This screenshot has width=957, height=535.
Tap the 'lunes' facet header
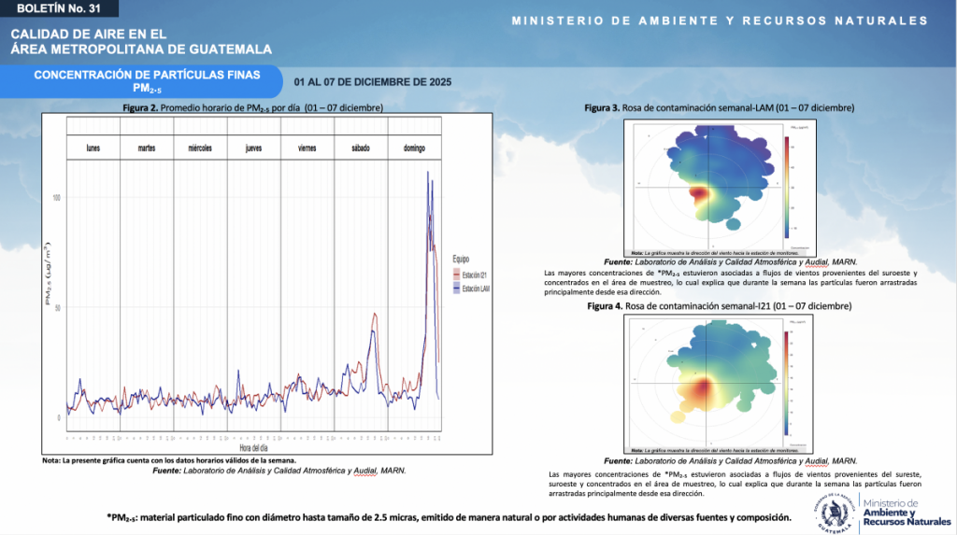[x=93, y=148]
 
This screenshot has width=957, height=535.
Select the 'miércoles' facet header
[x=200, y=148]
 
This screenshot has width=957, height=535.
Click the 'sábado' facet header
[x=361, y=148]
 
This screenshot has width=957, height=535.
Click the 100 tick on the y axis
[x=57, y=198]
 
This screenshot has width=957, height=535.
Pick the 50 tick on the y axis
[x=58, y=308]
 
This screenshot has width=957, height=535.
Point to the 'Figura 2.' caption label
[x=140, y=108]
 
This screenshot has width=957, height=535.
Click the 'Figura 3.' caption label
[x=603, y=108]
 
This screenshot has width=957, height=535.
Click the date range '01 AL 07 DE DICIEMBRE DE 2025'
[x=373, y=82]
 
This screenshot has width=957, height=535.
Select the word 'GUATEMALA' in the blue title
[x=224, y=49]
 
